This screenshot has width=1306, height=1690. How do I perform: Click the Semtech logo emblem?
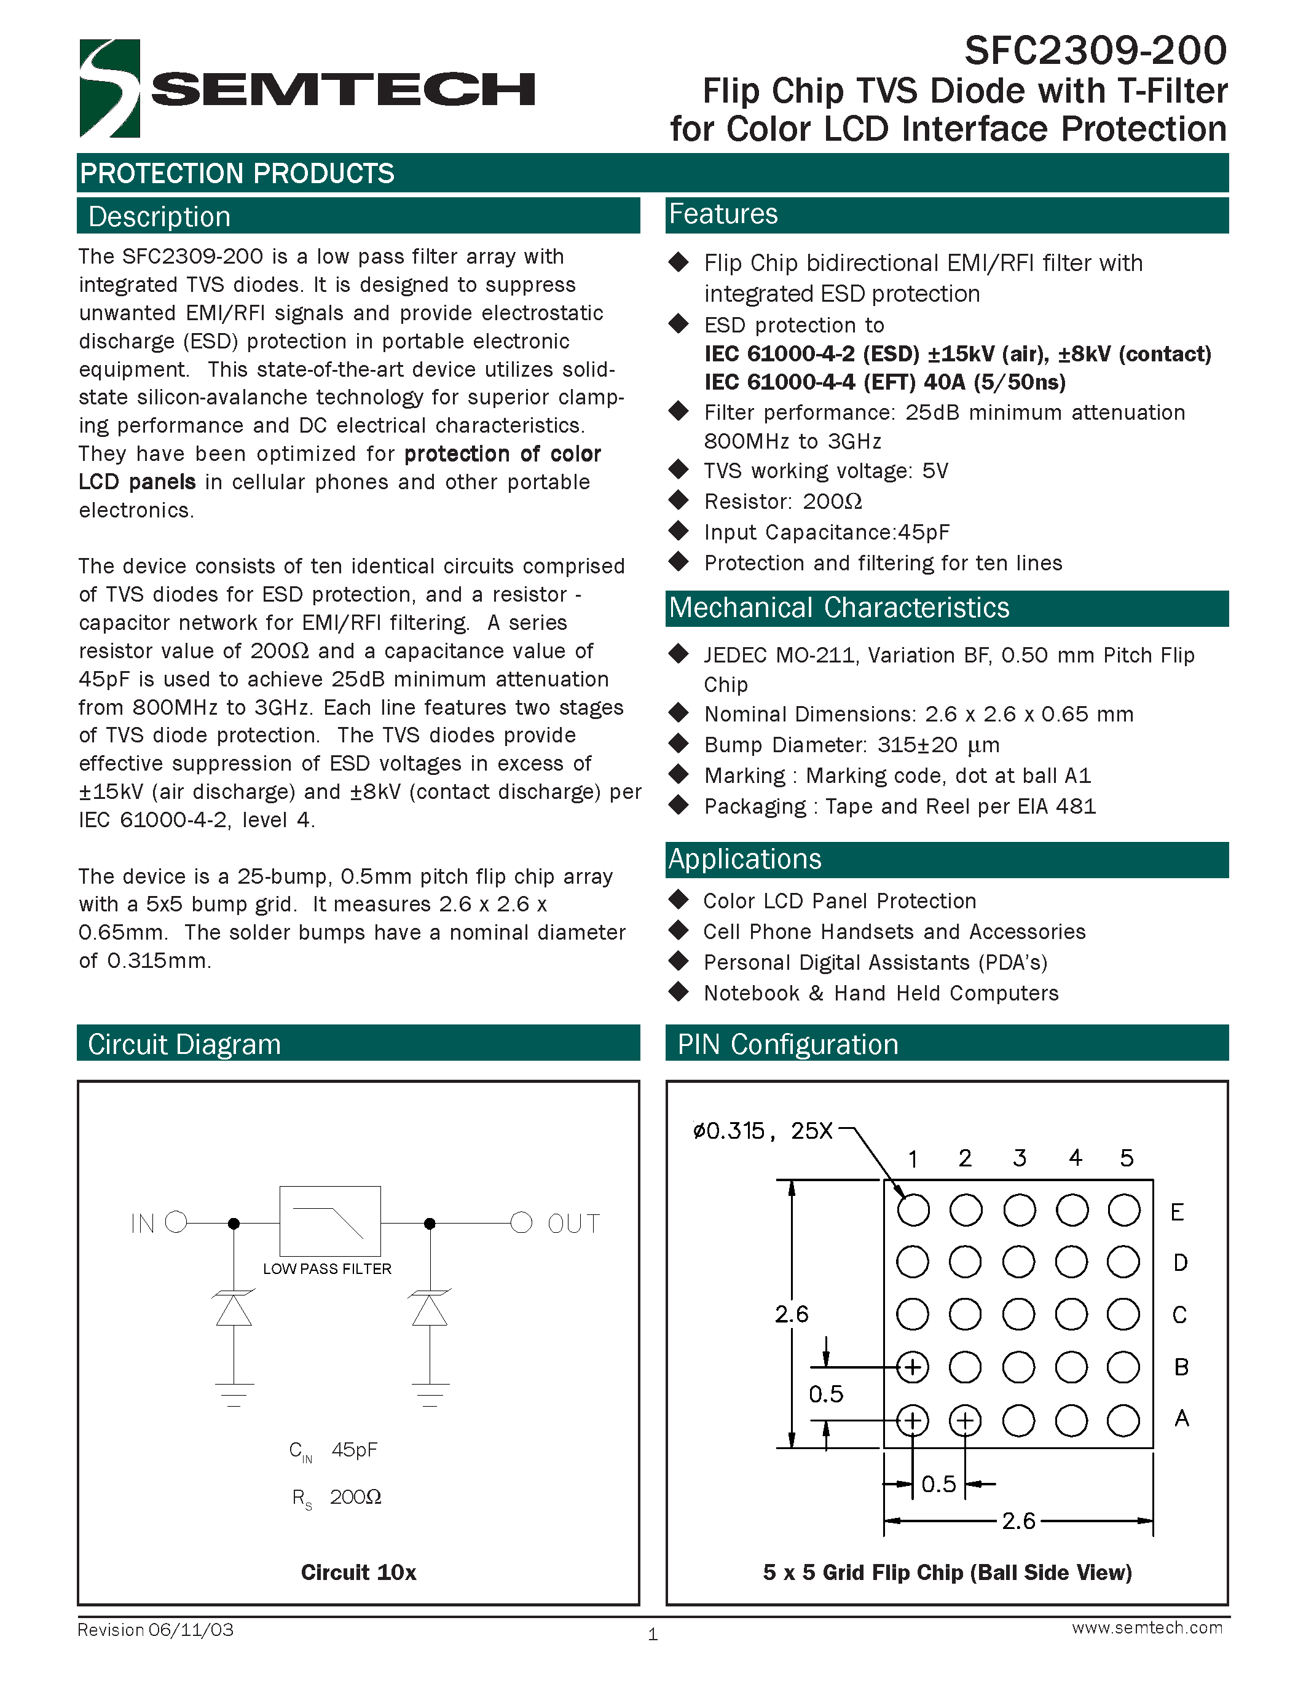point(110,88)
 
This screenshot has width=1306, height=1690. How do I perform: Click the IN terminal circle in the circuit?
point(176,1222)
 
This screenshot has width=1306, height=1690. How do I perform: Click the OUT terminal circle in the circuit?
point(521,1222)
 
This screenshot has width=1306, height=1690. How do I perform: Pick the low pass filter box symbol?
point(329,1220)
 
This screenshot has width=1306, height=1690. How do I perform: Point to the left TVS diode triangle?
point(234,1311)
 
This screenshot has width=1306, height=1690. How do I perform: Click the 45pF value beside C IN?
point(355,1449)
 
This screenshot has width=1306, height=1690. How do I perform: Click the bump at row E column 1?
point(913,1209)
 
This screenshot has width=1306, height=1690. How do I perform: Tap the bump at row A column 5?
point(1123,1421)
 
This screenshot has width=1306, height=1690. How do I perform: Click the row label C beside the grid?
point(1179,1315)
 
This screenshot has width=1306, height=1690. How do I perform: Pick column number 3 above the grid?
point(1019,1158)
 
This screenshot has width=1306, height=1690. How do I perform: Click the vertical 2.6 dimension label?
point(792,1314)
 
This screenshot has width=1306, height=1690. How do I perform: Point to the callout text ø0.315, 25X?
point(763,1131)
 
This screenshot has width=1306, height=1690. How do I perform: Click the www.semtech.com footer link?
point(1147,1627)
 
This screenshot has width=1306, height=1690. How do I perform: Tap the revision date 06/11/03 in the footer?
point(191,1630)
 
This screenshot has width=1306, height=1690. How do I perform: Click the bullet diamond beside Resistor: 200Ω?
point(679,501)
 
